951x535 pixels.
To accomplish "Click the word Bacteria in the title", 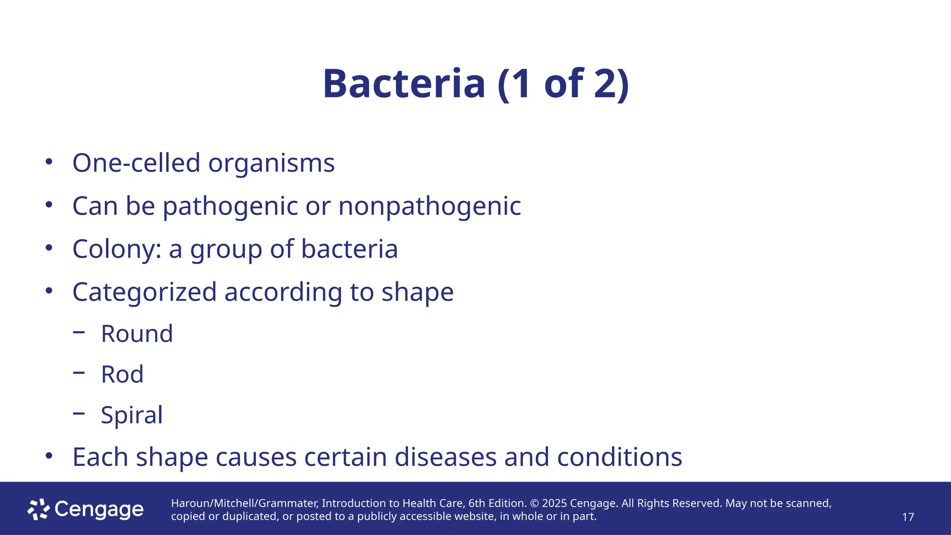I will pyautogui.click(x=404, y=84).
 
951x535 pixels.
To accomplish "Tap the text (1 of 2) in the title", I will pyautogui.click(x=563, y=84).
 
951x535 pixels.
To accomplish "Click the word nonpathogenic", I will pyautogui.click(x=430, y=206).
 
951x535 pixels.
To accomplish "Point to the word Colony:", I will pyautogui.click(x=117, y=249).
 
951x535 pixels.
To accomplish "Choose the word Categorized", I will pyautogui.click(x=144, y=292).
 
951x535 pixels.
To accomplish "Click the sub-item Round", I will pyautogui.click(x=137, y=334).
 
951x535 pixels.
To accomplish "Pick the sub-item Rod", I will pyautogui.click(x=122, y=374).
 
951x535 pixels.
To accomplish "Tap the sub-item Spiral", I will pyautogui.click(x=132, y=415).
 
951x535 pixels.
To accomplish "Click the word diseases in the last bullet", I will pyautogui.click(x=445, y=457).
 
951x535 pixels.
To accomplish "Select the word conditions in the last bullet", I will pyautogui.click(x=619, y=457).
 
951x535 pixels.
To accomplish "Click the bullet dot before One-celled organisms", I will pyautogui.click(x=49, y=162).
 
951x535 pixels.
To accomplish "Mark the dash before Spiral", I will pyautogui.click(x=79, y=413).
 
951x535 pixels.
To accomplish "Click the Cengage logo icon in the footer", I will pyautogui.click(x=39, y=509).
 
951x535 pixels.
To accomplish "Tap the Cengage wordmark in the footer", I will pyautogui.click(x=99, y=509).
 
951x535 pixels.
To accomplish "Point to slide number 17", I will pyautogui.click(x=908, y=517).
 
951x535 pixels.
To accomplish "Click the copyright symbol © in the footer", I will pyautogui.click(x=534, y=503).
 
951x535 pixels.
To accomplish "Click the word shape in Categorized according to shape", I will pyautogui.click(x=417, y=292).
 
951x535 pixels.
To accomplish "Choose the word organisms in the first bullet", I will pyautogui.click(x=271, y=163).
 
